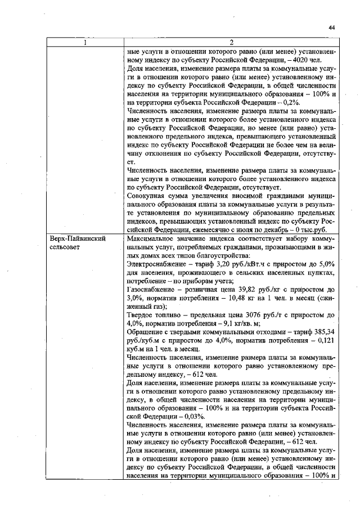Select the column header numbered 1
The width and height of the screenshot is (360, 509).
tap(85, 42)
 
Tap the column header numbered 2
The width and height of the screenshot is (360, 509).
tap(232, 42)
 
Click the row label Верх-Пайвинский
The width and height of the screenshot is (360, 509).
tap(76, 239)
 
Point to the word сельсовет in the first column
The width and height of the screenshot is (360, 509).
tap(65, 247)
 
